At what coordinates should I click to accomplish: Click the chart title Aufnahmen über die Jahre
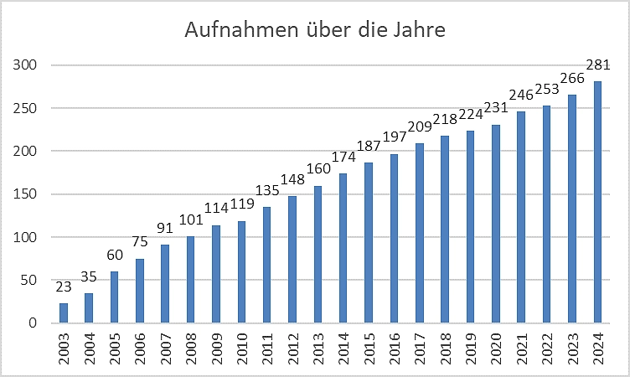(x=315, y=31)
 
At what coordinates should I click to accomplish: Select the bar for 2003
(x=64, y=313)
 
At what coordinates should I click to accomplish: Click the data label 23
(x=64, y=287)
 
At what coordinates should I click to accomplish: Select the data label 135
(x=267, y=190)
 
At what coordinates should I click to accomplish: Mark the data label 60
(x=115, y=255)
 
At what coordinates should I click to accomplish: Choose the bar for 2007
(x=165, y=284)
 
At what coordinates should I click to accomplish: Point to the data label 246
(x=521, y=95)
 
